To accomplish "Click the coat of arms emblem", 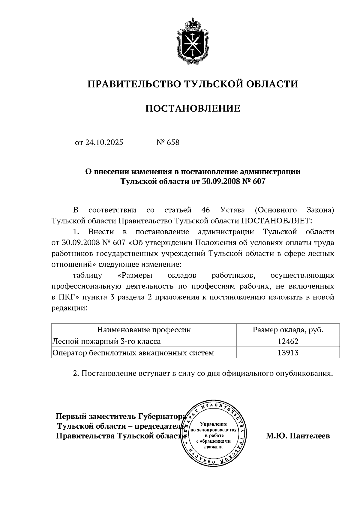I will pyautogui.click(x=193, y=42).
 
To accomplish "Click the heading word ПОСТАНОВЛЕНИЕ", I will pyautogui.click(x=193, y=108).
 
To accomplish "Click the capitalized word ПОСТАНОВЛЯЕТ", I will pyautogui.click(x=277, y=221).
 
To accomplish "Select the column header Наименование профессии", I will pyautogui.click(x=144, y=330).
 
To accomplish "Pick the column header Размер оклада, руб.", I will pyautogui.click(x=288, y=330).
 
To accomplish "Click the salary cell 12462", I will pyautogui.click(x=288, y=341).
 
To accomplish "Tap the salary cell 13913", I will pyautogui.click(x=288, y=353).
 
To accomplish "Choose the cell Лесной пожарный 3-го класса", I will pyautogui.click(x=106, y=341).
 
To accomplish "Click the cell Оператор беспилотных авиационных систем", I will pyautogui.click(x=133, y=353).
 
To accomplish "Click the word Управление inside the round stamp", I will pyautogui.click(x=213, y=424).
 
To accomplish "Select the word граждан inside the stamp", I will pyautogui.click(x=213, y=447).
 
